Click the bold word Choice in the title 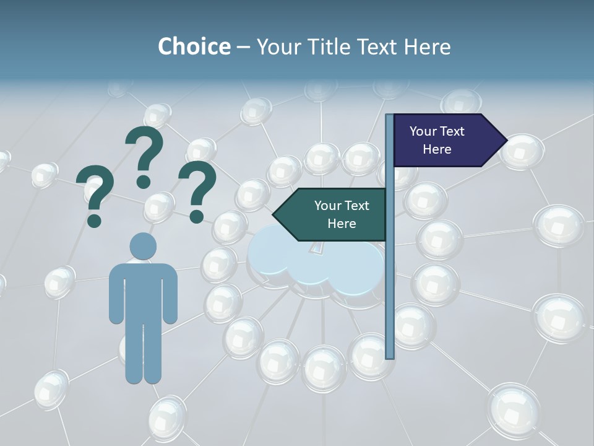coord(194,46)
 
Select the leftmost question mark coord(95,192)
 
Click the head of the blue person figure coord(143,247)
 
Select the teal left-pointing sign coord(334,214)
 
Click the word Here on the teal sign coord(342,224)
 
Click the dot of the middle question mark coord(144,181)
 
